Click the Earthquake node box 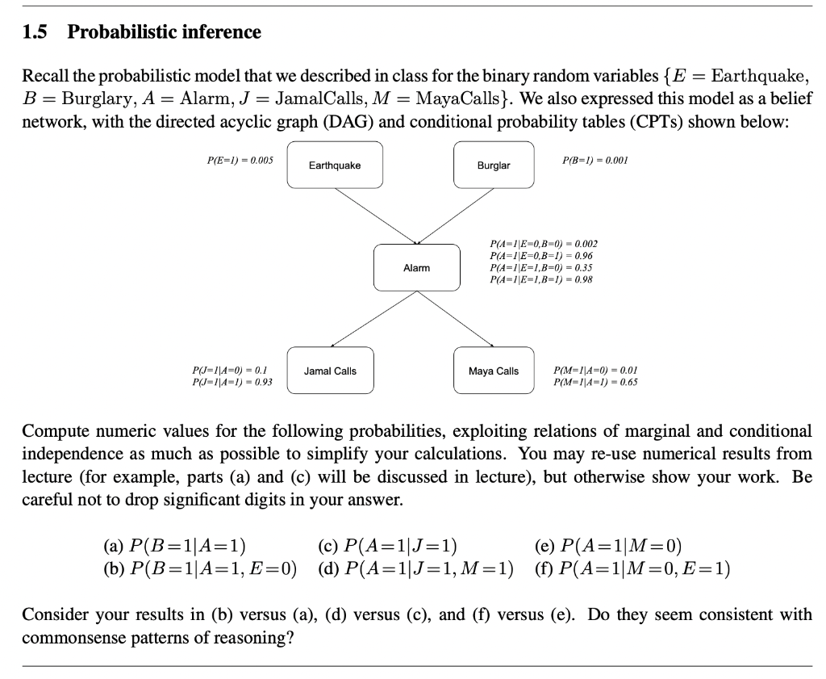[x=335, y=166]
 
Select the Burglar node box [x=494, y=166]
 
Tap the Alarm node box [x=416, y=267]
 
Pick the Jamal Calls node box [x=330, y=371]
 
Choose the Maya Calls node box [x=494, y=371]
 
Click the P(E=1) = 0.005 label [x=240, y=161]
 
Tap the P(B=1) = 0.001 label [x=594, y=161]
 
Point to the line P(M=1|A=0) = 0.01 [x=595, y=371]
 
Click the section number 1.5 [x=35, y=32]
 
